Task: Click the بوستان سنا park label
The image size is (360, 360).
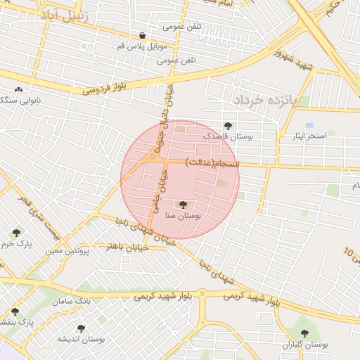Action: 183,217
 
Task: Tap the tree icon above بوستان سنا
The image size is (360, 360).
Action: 183,205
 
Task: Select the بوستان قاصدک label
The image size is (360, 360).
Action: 228,137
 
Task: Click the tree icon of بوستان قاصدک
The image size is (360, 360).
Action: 227,125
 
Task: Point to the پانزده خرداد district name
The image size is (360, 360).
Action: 266,100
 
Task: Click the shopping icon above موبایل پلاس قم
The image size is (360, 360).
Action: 143,35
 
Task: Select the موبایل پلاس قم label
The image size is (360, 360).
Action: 143,46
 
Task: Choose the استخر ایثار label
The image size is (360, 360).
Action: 310,136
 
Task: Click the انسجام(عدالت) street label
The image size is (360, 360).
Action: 212,162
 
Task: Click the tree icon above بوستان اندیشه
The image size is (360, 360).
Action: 80,328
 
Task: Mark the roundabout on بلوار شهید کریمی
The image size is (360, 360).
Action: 202,293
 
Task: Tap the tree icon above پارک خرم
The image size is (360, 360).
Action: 16,233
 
